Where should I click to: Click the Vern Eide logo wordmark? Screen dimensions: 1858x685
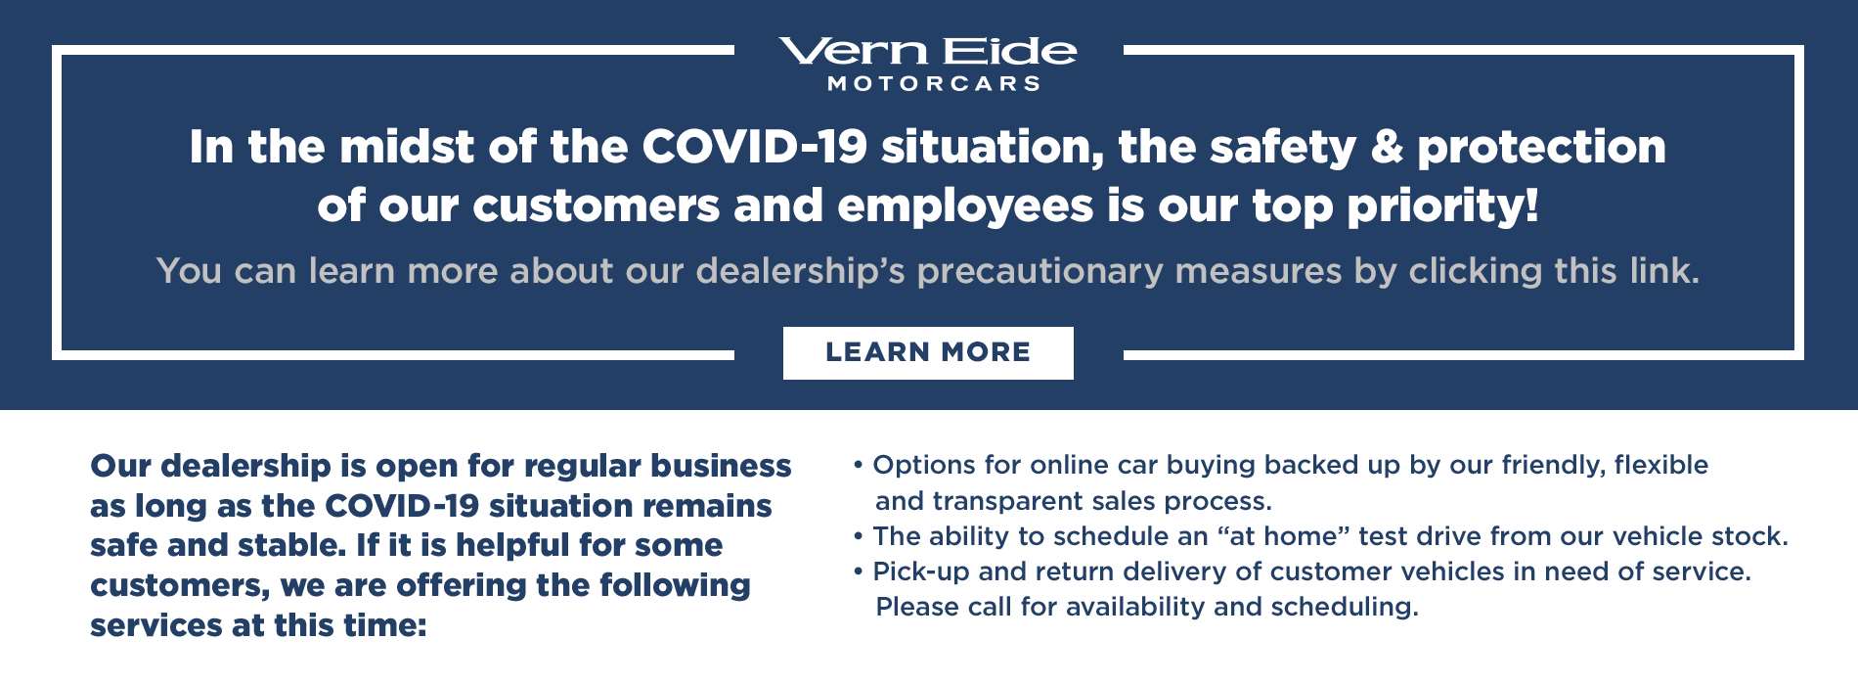click(x=927, y=51)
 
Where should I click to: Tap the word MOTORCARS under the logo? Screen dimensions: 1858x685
click(x=934, y=84)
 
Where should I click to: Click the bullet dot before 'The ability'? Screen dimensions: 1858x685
click(x=859, y=537)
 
